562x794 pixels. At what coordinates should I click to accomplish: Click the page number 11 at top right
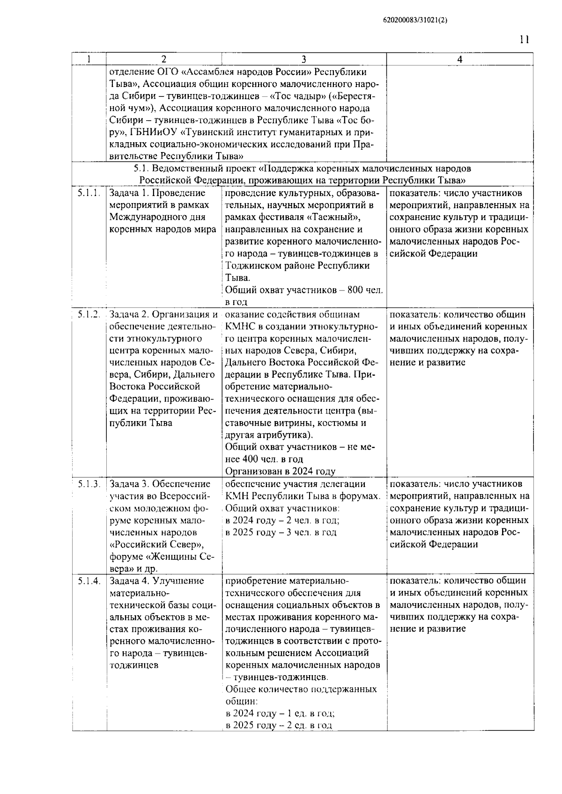[x=524, y=39]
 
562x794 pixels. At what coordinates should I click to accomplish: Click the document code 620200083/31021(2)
[x=412, y=20]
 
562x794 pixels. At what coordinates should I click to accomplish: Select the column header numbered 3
[x=303, y=59]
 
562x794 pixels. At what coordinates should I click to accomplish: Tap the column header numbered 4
[x=459, y=59]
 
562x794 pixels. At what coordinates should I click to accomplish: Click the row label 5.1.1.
[x=89, y=193]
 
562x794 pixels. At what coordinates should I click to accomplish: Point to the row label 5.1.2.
[x=89, y=314]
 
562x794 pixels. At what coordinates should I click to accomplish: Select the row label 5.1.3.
[x=89, y=484]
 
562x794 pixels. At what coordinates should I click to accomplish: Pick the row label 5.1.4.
[x=89, y=581]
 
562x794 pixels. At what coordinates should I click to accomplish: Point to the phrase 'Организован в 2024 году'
[x=280, y=471]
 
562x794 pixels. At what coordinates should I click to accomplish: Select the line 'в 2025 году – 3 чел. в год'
[x=281, y=532]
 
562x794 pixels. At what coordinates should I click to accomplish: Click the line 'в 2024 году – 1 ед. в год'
[x=280, y=714]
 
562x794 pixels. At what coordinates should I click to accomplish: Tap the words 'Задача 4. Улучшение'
[x=157, y=581]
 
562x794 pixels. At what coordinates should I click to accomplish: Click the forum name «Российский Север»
[x=156, y=545]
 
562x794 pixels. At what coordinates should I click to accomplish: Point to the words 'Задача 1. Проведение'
[x=157, y=193]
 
